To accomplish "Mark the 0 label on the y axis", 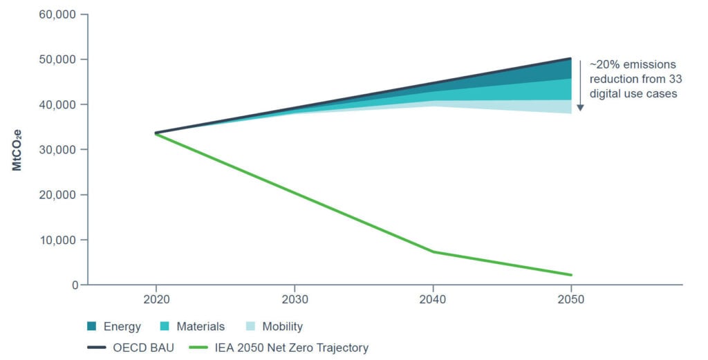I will (74, 285).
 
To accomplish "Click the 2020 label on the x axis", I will (156, 300).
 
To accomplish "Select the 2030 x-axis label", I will (295, 300).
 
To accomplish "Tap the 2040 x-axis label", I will (433, 300).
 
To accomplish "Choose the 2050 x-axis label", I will (572, 300).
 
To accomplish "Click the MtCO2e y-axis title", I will (17, 149).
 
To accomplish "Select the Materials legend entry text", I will (201, 326).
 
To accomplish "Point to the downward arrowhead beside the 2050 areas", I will (581, 108).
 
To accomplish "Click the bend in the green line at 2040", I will (433, 252).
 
